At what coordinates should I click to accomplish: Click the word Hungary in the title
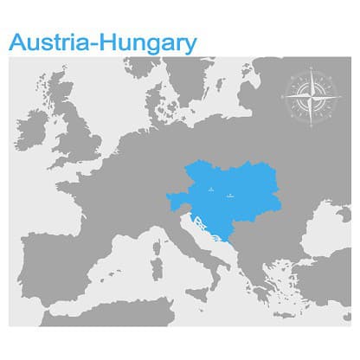(146, 41)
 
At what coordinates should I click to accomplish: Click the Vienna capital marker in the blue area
(210, 189)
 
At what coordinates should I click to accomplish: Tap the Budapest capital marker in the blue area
(229, 196)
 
